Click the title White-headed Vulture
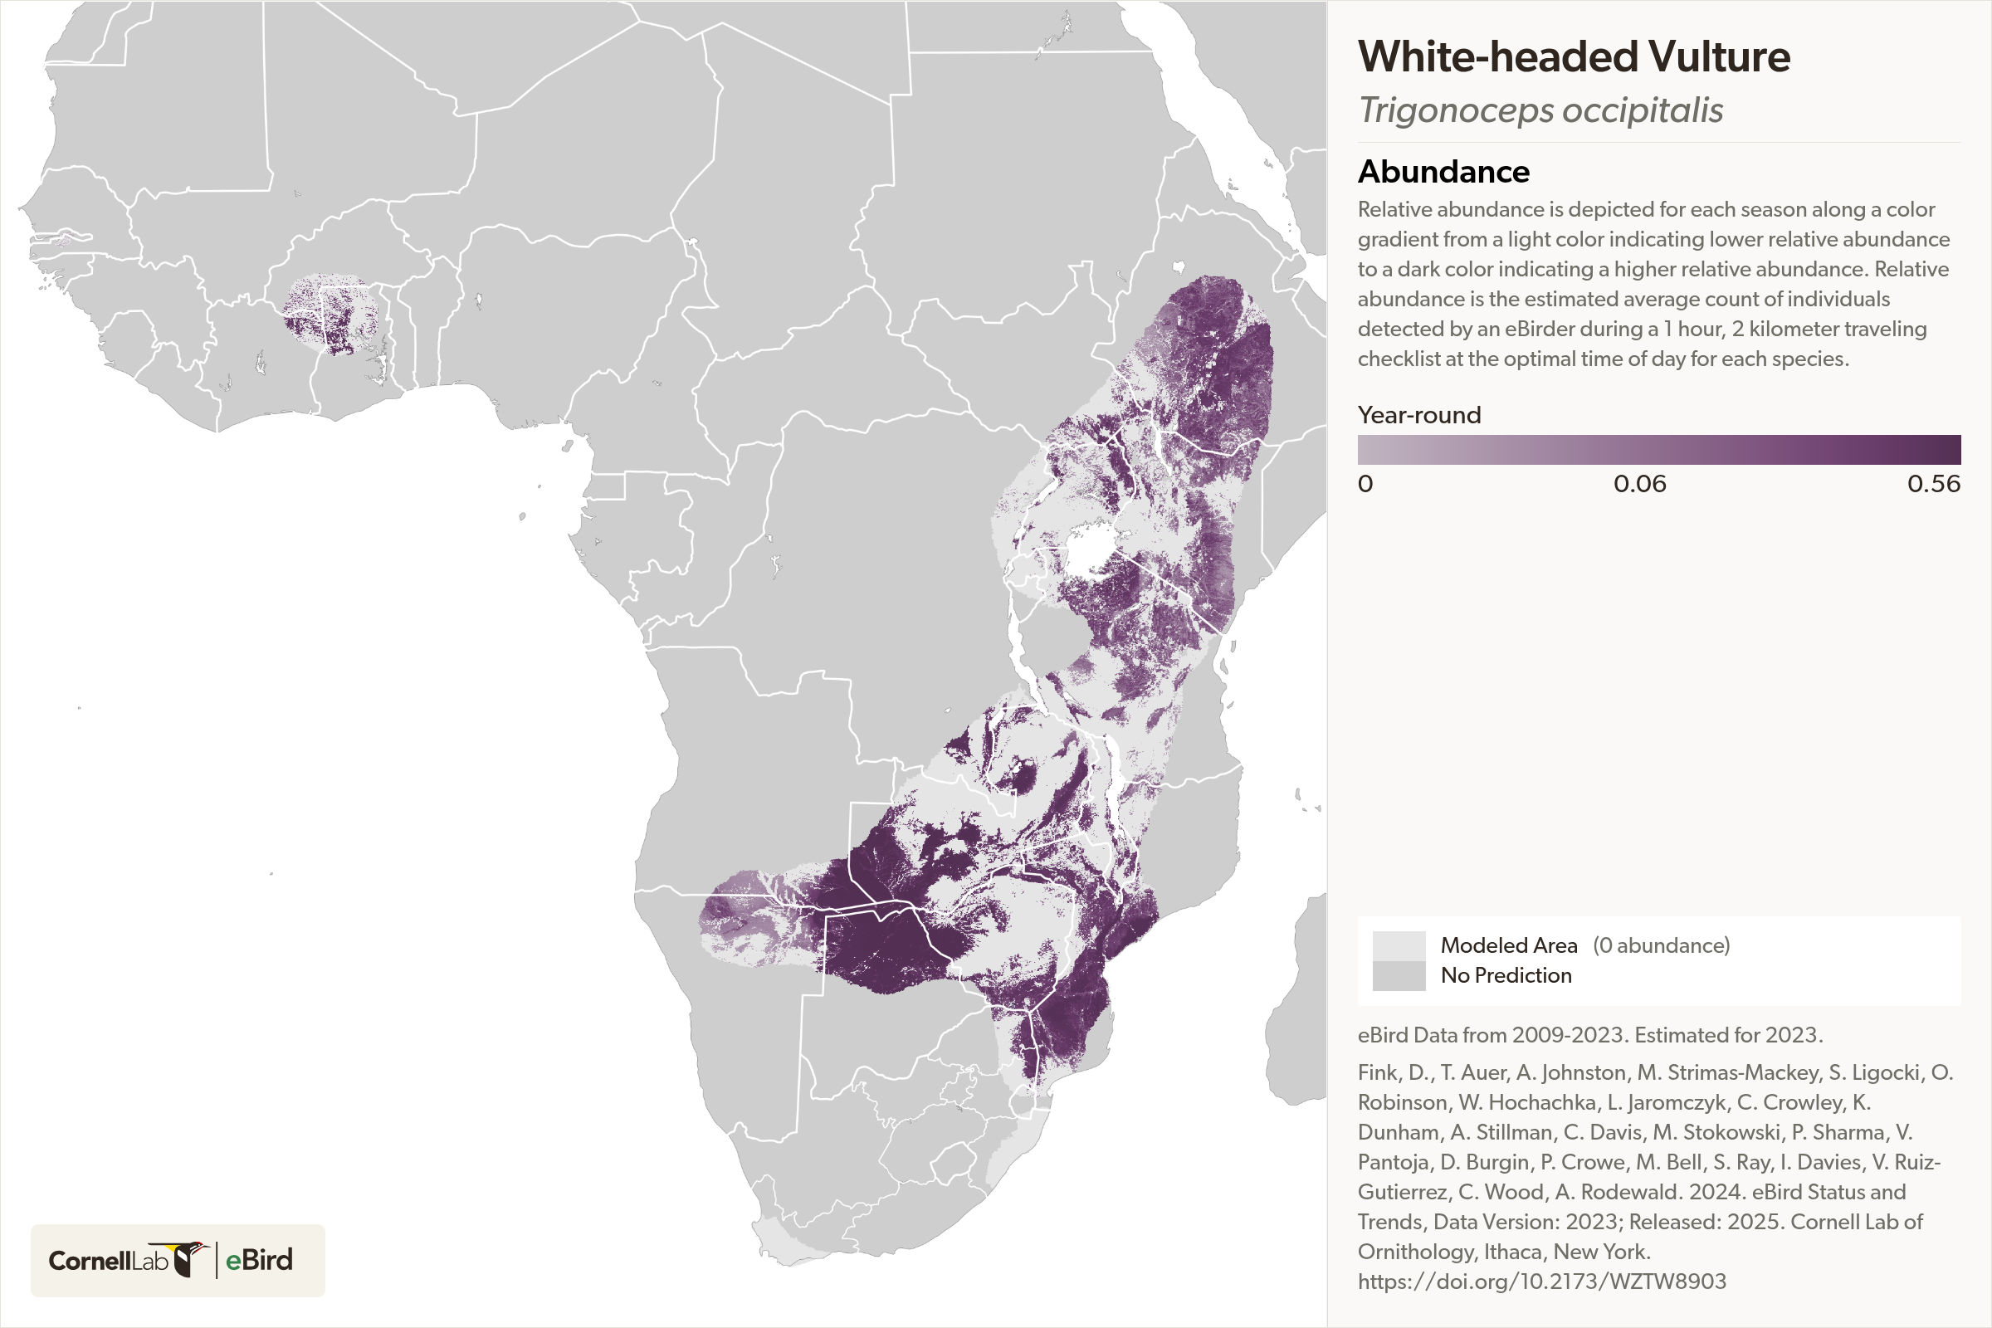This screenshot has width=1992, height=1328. (x=1574, y=56)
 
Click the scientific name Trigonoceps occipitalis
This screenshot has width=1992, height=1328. (x=1540, y=110)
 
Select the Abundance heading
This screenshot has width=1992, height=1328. (x=1443, y=172)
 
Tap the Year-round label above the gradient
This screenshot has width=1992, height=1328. (x=1418, y=415)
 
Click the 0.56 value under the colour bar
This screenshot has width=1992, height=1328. (x=1933, y=484)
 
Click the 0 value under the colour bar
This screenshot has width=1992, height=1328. (x=1365, y=484)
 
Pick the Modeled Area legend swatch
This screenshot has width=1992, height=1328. (x=1399, y=945)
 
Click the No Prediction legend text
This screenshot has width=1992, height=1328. (x=1506, y=976)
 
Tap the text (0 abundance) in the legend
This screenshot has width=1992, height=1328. (x=1661, y=945)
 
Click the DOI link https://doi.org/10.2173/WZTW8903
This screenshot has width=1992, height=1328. (x=1541, y=1282)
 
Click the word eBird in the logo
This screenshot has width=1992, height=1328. (x=259, y=1260)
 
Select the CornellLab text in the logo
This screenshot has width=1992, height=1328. (x=109, y=1261)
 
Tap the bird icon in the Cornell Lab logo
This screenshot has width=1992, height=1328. (x=190, y=1258)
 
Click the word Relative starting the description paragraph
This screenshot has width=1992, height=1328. (x=1394, y=209)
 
